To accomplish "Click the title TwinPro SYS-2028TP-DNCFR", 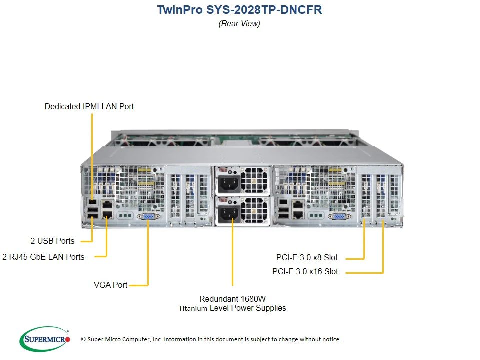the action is click(239, 10).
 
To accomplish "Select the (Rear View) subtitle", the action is click(239, 23).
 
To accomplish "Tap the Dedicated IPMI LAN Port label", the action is click(89, 106).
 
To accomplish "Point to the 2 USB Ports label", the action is click(52, 241).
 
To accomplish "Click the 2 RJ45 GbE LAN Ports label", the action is click(43, 257).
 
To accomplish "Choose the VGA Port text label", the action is click(110, 285).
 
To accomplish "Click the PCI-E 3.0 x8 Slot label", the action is click(307, 258).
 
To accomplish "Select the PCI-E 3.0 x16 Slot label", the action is click(305, 271).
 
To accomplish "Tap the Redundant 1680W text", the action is click(232, 299).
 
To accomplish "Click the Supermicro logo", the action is click(44, 339).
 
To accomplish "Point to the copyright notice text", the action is click(211, 339).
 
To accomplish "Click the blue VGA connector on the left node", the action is click(149, 216).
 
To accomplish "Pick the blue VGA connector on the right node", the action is click(339, 216).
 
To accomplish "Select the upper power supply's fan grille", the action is click(254, 180).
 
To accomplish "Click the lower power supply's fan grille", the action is click(254, 210).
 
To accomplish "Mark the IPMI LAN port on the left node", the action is click(92, 202).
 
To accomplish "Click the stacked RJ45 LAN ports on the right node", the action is click(298, 209).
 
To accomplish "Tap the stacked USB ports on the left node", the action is click(93, 213).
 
